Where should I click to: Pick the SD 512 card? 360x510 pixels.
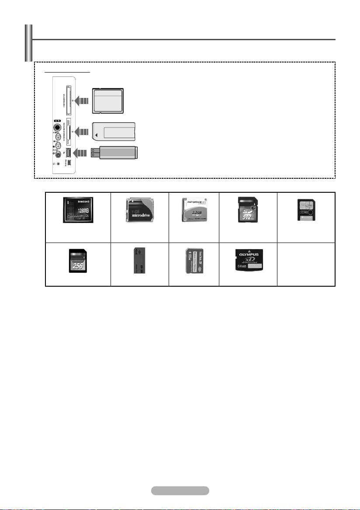[x=248, y=210]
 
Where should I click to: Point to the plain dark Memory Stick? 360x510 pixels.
[x=139, y=261]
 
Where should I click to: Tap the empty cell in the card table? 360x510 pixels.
[x=306, y=261]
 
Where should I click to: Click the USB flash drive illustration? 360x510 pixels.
[x=114, y=153]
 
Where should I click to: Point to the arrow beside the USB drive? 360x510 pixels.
[x=82, y=153]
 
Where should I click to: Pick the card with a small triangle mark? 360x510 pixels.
[x=114, y=130]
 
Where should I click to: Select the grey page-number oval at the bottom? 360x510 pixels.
[x=180, y=490]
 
